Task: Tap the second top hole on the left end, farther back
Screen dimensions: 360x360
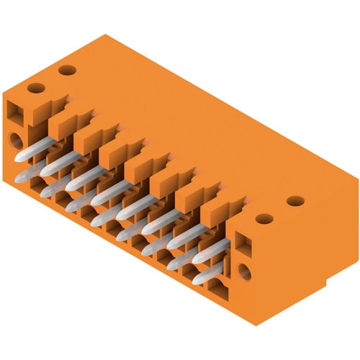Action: pyautogui.click(x=67, y=71)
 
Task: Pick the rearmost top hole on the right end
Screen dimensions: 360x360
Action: pyautogui.click(x=292, y=201)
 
